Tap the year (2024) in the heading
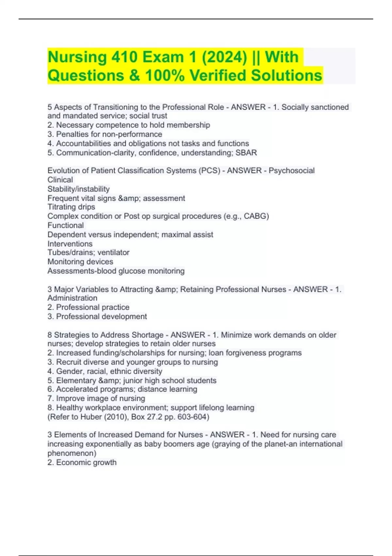[224, 57]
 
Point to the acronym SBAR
[246, 153]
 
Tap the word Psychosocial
[292, 171]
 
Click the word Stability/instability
[78, 189]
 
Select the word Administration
[72, 298]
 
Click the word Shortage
[148, 335]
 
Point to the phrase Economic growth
[86, 462]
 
